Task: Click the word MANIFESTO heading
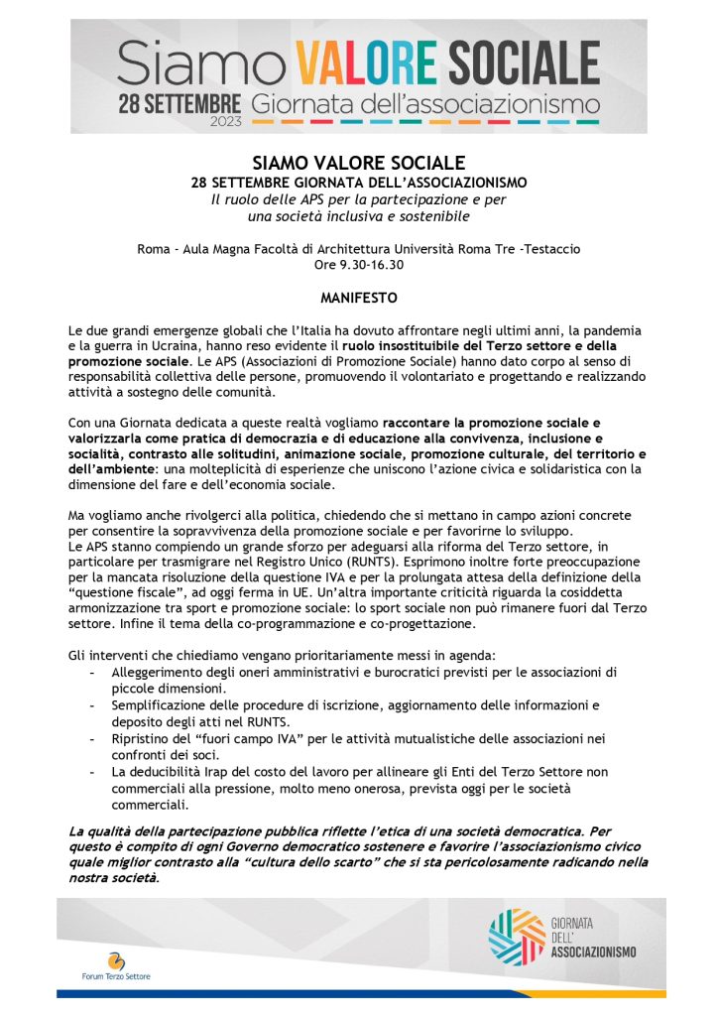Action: (x=358, y=298)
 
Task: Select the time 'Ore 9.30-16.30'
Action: (x=358, y=265)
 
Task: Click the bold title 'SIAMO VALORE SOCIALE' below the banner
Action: (x=358, y=163)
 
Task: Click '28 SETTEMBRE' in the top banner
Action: (x=179, y=101)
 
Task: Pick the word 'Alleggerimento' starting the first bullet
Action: (x=159, y=673)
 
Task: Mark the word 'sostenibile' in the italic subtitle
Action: (x=427, y=216)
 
